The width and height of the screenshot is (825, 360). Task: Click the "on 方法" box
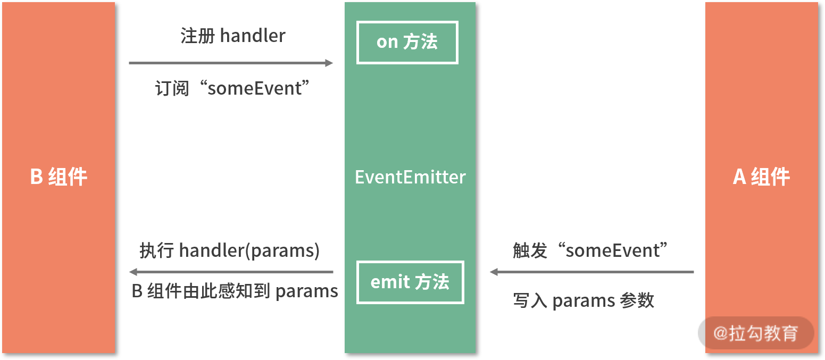(407, 43)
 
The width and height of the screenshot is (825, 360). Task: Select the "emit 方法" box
(410, 282)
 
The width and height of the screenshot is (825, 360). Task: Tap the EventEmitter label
(410, 177)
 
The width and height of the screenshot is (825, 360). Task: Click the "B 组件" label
(59, 177)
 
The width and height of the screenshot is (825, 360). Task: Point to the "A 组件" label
(761, 177)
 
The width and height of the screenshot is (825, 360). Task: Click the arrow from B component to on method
(230, 63)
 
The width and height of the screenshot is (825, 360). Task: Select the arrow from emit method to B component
(231, 272)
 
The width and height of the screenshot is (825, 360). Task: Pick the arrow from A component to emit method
(591, 272)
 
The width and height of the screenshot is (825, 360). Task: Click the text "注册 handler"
(233, 36)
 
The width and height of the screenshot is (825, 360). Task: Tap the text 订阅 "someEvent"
(232, 88)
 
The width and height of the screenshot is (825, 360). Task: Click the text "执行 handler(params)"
(229, 250)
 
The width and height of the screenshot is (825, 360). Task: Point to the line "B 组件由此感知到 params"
(235, 291)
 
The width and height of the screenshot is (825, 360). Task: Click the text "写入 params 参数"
(584, 301)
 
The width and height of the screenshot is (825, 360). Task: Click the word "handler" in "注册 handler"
(253, 36)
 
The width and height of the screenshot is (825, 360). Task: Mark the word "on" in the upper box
(387, 43)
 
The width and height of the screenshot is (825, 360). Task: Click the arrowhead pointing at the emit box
(494, 272)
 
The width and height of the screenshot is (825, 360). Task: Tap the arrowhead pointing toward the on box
(329, 63)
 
